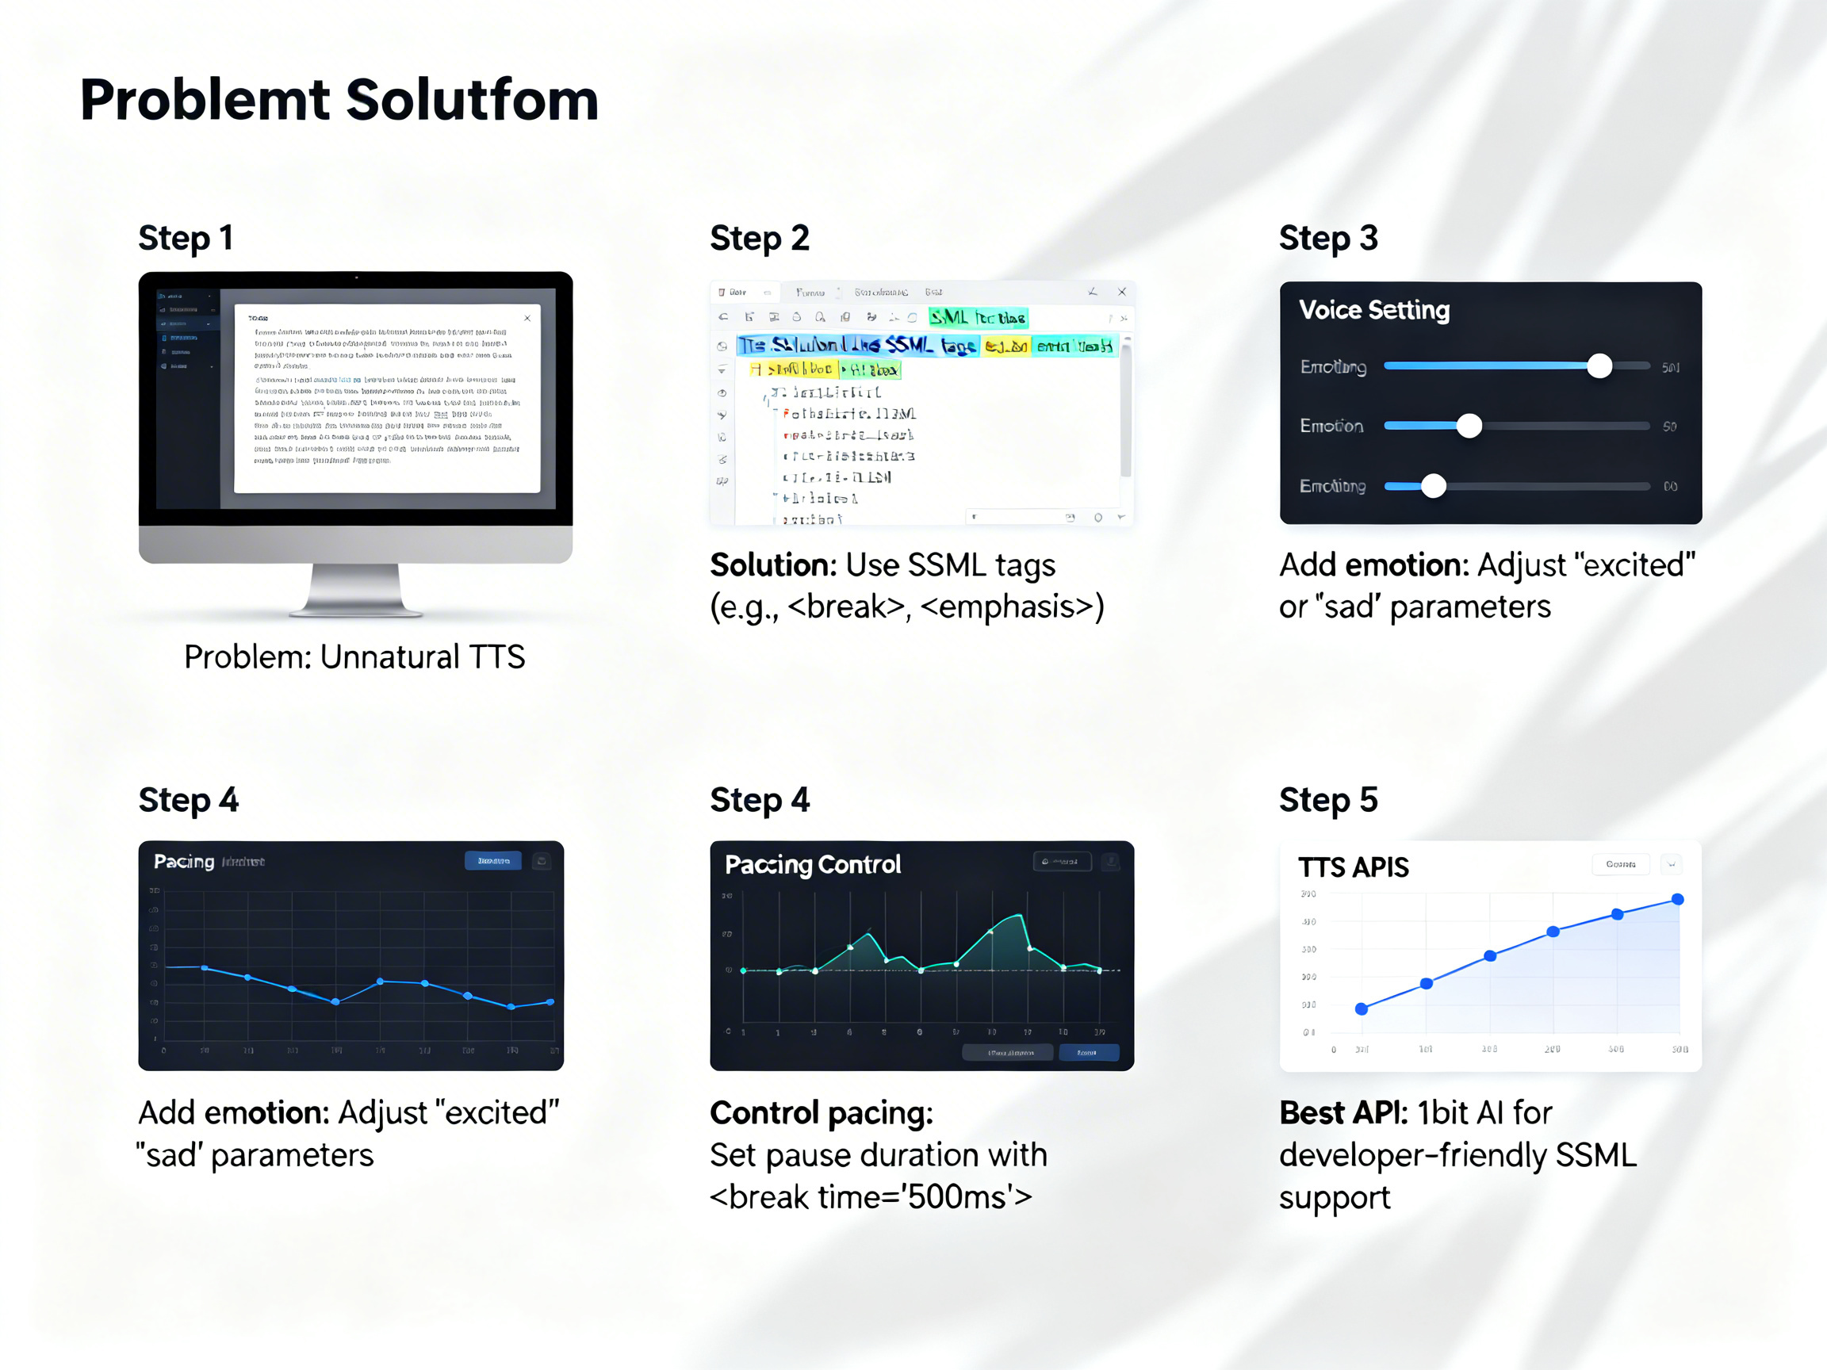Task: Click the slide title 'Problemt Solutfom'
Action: (x=339, y=100)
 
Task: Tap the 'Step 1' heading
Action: (x=185, y=238)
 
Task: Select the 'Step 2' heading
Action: (x=759, y=238)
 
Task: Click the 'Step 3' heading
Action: (x=1328, y=238)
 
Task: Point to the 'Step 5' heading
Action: (x=1328, y=799)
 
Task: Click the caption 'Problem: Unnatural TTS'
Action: (x=354, y=657)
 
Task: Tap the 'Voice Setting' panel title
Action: (x=1373, y=310)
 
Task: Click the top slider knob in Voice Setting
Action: (x=1599, y=365)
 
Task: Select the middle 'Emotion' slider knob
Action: (x=1469, y=426)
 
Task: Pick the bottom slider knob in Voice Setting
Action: (x=1433, y=486)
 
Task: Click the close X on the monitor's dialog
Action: (x=527, y=318)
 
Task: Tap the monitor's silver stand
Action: (x=355, y=591)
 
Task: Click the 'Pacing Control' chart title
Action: (x=813, y=865)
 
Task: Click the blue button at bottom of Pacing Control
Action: (x=1088, y=1052)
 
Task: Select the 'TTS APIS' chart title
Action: (x=1353, y=867)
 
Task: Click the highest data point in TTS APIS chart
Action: (x=1676, y=899)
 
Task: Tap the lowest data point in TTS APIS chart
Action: (x=1362, y=1008)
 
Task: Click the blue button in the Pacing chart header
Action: (x=493, y=860)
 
